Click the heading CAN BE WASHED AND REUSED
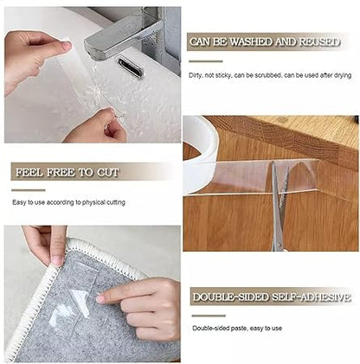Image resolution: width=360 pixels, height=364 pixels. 269,42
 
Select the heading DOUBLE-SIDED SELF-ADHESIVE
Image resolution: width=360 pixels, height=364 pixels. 271,297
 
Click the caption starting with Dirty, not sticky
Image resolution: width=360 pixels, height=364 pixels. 269,75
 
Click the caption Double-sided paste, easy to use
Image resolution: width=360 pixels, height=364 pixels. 237,328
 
